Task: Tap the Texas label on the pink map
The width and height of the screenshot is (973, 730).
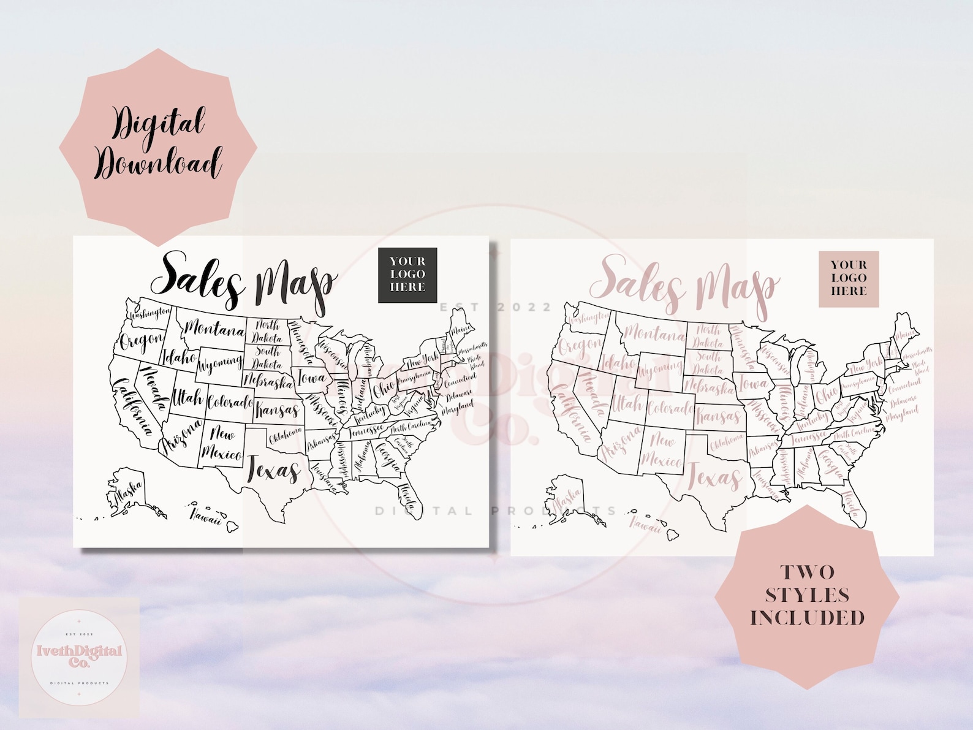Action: (x=714, y=477)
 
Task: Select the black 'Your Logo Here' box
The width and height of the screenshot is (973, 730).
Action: (x=407, y=275)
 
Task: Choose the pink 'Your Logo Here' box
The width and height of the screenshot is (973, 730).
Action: (x=849, y=278)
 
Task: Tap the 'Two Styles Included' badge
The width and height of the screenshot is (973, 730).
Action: (x=807, y=595)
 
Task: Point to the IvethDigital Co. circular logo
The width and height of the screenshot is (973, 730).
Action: (x=79, y=656)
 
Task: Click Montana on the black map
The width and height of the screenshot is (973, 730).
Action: (x=214, y=330)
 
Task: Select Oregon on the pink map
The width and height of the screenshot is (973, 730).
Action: (x=580, y=346)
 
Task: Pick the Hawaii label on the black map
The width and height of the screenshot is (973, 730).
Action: (x=205, y=517)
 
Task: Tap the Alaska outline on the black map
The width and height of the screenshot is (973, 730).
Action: (x=127, y=490)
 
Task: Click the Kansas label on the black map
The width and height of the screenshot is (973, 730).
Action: (x=278, y=409)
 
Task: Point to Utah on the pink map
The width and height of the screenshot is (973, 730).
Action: (x=627, y=404)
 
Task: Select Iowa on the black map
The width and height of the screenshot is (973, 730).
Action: (x=312, y=378)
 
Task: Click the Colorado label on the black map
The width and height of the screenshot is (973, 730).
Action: (x=229, y=403)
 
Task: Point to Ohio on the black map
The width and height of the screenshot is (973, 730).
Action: (x=384, y=389)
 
